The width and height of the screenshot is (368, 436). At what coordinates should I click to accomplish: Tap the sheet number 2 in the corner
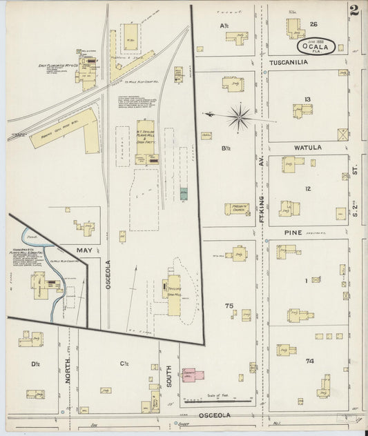(354, 11)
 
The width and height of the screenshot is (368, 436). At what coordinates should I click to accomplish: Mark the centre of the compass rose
(239, 117)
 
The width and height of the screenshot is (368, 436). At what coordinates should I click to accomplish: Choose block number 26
(313, 25)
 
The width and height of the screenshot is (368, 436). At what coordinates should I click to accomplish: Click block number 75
(229, 305)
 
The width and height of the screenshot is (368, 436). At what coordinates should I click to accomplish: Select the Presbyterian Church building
(237, 208)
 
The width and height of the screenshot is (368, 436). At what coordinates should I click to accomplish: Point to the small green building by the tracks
(184, 195)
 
